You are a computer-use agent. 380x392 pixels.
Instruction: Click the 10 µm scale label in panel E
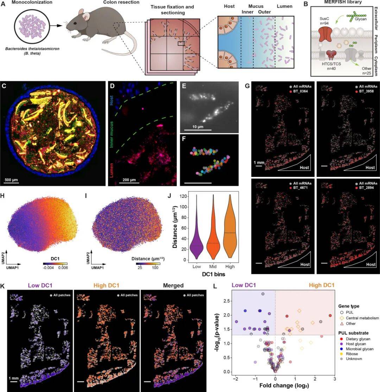195,125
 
